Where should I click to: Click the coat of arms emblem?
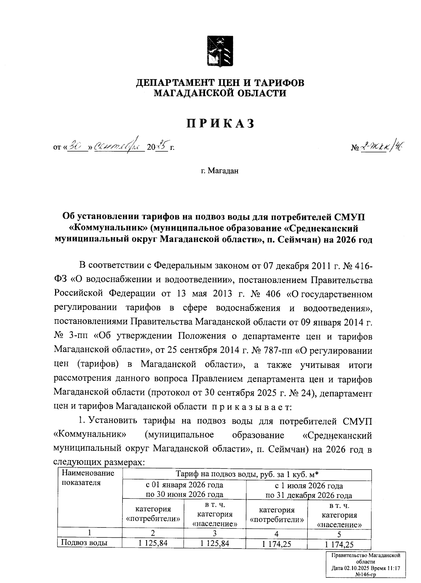(220, 51)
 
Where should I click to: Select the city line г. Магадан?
(220, 171)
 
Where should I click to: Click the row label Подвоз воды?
(84, 543)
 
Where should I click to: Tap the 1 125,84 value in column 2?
(153, 543)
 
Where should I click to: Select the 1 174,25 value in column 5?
(339, 544)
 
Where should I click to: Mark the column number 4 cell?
(277, 534)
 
